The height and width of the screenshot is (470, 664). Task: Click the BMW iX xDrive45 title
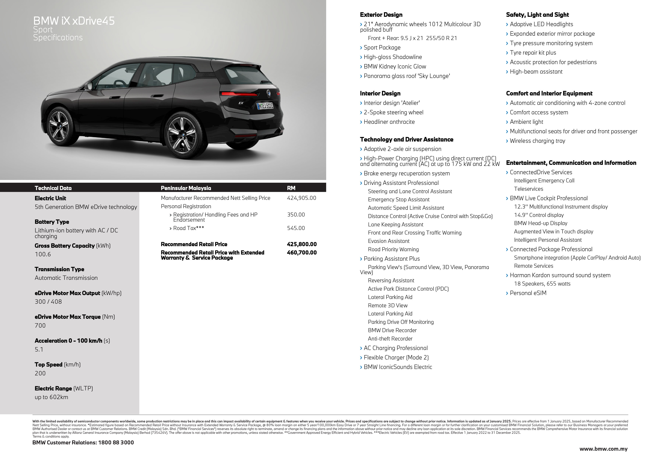click(74, 21)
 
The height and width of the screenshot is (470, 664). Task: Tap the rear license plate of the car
click(265, 106)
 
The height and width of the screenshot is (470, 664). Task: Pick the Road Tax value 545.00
click(296, 228)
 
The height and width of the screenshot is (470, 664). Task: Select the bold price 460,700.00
click(302, 253)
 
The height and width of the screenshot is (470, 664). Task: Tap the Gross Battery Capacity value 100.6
click(43, 254)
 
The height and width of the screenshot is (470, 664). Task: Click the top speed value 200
click(40, 373)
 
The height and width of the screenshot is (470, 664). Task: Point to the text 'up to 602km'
click(51, 397)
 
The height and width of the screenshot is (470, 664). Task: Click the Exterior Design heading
click(381, 15)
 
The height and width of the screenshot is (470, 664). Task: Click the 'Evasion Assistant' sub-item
click(388, 241)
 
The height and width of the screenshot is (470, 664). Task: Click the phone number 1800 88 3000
click(116, 443)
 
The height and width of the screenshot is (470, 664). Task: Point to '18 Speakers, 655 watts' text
click(542, 284)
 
